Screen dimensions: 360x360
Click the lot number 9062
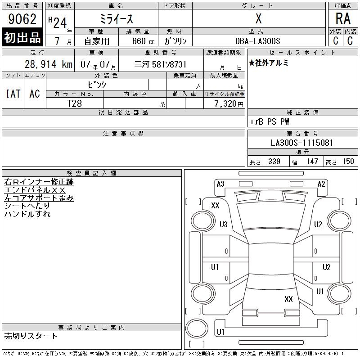coord(22,19)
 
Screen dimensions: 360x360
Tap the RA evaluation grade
coord(343,18)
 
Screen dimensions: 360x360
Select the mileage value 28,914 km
coord(49,64)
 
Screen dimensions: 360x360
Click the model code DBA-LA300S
coord(258,41)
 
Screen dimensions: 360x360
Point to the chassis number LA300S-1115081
coord(302,143)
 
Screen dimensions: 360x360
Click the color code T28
coord(74,103)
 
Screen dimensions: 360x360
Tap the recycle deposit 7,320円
coord(229,104)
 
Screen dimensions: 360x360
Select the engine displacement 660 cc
coord(143,41)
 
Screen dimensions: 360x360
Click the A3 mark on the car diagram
coord(220,184)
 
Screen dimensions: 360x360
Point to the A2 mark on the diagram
coord(321,184)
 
